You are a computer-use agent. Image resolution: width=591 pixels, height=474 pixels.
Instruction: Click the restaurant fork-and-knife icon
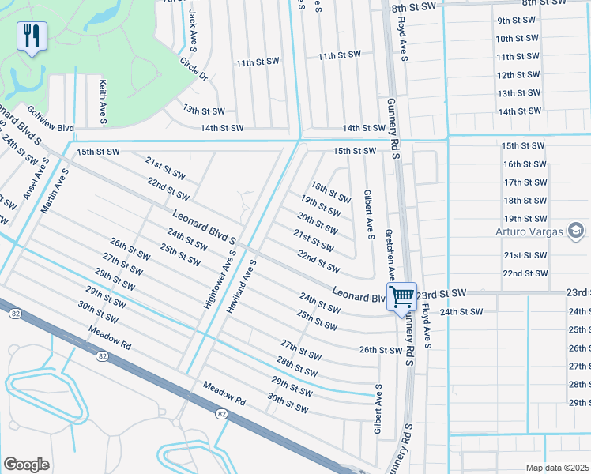[x=32, y=36]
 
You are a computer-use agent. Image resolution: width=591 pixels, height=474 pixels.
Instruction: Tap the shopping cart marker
[x=402, y=298]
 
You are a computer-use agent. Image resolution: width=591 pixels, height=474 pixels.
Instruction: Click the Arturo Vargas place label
[x=529, y=231]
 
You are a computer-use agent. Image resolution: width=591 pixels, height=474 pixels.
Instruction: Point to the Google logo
[x=26, y=464]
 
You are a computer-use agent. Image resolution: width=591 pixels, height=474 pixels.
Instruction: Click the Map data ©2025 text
[x=557, y=468]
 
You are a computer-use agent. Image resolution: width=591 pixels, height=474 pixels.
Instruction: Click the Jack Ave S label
[x=193, y=31]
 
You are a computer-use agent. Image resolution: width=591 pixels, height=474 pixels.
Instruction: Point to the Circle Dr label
[x=193, y=69]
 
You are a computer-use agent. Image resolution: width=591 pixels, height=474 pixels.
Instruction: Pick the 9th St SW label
[x=518, y=20]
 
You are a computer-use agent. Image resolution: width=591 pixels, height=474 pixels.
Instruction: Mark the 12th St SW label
[x=518, y=75]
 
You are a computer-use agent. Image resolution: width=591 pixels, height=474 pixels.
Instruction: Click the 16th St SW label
[x=525, y=164]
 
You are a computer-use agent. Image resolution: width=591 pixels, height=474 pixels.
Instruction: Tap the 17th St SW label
[x=525, y=182]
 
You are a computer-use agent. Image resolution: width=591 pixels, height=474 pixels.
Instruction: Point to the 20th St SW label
[x=318, y=223]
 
